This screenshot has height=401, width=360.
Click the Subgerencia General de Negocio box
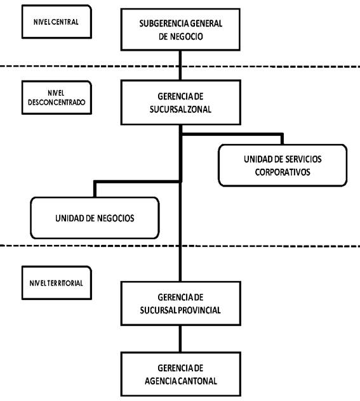pos(180,29)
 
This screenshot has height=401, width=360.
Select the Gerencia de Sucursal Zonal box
pos(181,102)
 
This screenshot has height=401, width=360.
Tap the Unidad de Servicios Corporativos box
pos(283,165)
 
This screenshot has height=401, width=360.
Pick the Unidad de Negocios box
pos(95,218)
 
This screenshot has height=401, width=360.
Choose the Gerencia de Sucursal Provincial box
pos(181,303)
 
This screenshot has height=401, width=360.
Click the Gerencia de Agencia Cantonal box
pos(181,374)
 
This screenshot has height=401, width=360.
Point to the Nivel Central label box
pos(57,22)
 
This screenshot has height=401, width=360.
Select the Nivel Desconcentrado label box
pos(57,98)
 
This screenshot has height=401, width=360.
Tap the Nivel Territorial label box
pos(57,282)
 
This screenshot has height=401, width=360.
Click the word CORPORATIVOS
pos(283,172)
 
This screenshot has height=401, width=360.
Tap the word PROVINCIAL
pos(199,310)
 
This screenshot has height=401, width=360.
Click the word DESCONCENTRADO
pos(57,102)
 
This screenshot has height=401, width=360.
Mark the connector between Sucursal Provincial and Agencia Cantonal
pos(180,339)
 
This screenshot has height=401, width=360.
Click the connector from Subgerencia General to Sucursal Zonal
pos(180,65)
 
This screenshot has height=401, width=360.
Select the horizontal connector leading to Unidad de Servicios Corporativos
pos(232,134)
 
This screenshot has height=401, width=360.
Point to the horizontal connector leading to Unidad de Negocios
pos(138,181)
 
